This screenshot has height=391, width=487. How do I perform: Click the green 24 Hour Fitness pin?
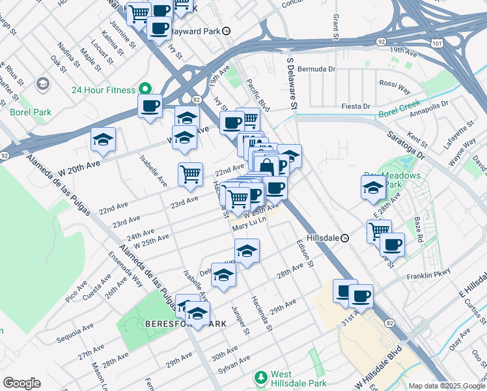click(x=144, y=90)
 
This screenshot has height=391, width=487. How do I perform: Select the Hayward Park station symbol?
click(x=226, y=31)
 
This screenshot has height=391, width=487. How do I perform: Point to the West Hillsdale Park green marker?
click(x=261, y=377)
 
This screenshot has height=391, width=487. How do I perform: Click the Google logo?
click(x=21, y=383)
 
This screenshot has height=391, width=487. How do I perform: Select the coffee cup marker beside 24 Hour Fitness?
click(x=150, y=106)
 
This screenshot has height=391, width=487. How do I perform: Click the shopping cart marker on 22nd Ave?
click(x=190, y=173)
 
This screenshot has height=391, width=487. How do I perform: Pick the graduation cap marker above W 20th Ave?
click(x=103, y=139)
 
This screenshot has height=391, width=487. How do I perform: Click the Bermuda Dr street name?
click(x=316, y=68)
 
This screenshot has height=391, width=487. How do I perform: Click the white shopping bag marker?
click(x=267, y=166)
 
